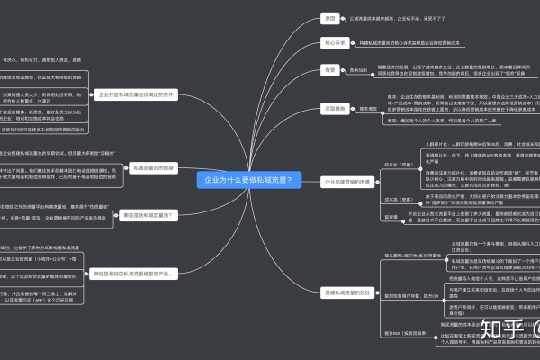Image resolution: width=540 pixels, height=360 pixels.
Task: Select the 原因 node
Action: click(x=329, y=18)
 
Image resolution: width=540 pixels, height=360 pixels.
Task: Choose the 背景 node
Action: click(x=329, y=69)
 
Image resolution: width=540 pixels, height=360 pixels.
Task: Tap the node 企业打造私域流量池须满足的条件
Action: click(x=134, y=94)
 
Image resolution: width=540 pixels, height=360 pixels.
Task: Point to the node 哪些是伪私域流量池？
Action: click(x=148, y=215)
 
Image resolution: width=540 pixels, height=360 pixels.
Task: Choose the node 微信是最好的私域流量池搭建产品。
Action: click(x=137, y=274)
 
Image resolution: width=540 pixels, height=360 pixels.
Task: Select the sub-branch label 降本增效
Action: click(x=368, y=109)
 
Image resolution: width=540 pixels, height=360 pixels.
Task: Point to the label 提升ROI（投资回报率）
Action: click(x=397, y=332)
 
